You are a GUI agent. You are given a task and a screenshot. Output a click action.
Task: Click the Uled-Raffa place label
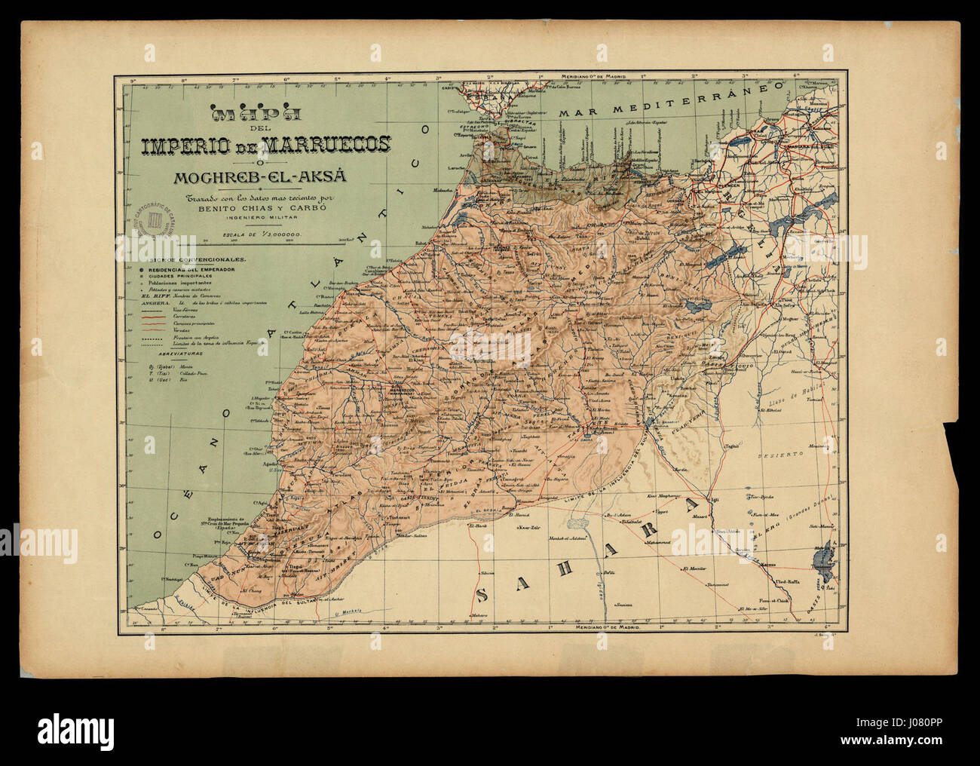(796, 581)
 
